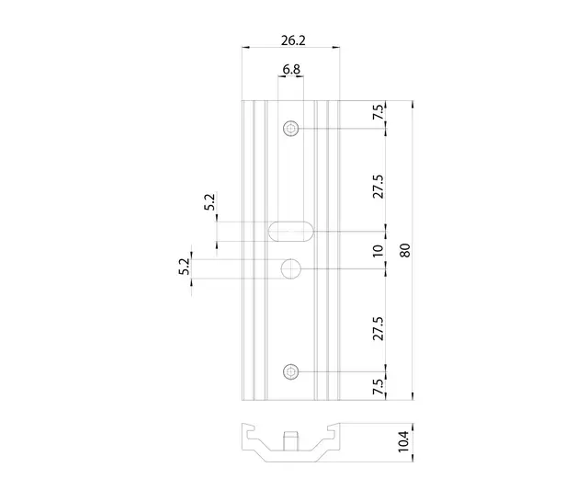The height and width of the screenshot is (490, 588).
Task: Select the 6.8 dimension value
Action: pyautogui.click(x=291, y=70)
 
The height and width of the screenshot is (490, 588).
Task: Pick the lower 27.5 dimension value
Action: pyautogui.click(x=379, y=327)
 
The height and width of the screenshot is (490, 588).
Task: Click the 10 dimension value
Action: pyautogui.click(x=379, y=249)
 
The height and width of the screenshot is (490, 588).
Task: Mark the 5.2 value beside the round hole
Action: pyautogui.click(x=184, y=268)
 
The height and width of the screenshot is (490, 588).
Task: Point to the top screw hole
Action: pyautogui.click(x=291, y=129)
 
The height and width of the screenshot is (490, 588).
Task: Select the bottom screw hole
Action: pyautogui.click(x=291, y=371)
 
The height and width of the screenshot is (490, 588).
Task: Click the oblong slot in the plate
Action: pyautogui.click(x=290, y=230)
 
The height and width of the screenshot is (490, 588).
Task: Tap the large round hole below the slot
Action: pyautogui.click(x=291, y=268)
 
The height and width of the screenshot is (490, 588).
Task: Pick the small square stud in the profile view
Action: pyautogui.click(x=291, y=439)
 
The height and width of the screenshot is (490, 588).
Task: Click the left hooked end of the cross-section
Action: pyautogui.click(x=247, y=431)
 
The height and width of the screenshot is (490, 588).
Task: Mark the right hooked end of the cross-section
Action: pyautogui.click(x=334, y=431)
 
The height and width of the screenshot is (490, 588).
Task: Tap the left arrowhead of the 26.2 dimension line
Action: pyautogui.click(x=245, y=47)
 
